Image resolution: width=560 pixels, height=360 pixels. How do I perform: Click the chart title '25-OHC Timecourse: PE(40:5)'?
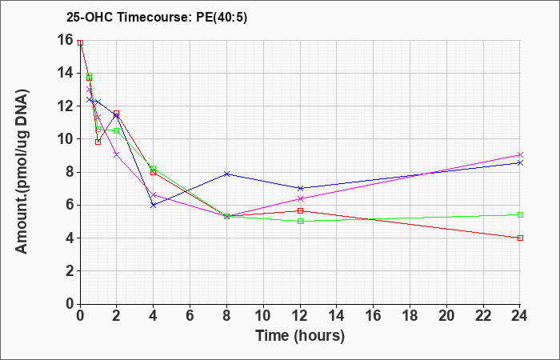pos(157,18)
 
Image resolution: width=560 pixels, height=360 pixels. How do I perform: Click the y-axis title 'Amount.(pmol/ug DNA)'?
pos(22,172)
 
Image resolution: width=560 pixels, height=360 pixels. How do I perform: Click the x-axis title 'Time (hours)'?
pos(300,336)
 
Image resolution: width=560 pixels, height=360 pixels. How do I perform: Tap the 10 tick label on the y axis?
pos(65,139)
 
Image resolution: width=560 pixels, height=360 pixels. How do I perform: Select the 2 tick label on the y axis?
pos(69,271)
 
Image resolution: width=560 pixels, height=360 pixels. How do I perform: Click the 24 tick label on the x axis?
pos(520,316)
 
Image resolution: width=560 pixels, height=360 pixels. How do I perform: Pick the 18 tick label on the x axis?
pos(410,316)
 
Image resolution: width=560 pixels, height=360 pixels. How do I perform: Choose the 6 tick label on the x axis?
pos(190,316)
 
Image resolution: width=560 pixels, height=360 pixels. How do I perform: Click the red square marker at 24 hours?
pos(520,238)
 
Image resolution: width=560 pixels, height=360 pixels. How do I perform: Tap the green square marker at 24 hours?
pos(520,214)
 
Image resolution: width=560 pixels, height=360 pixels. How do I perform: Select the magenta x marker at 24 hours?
pos(520,154)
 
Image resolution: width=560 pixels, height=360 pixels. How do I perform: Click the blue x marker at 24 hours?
pos(520,163)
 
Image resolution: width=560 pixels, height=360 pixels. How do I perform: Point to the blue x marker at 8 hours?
pos(226,174)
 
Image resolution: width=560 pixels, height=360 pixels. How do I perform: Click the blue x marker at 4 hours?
pos(154,205)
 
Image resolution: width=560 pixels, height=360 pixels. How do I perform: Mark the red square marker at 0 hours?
pos(80,42)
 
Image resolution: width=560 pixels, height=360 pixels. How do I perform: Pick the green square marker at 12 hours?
pos(300,221)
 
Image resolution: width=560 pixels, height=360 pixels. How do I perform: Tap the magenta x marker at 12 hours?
pos(300,198)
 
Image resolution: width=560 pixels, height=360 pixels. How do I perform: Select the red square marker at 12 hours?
pos(300,210)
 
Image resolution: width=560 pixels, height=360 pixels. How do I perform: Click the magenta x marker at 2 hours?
pos(116,154)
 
